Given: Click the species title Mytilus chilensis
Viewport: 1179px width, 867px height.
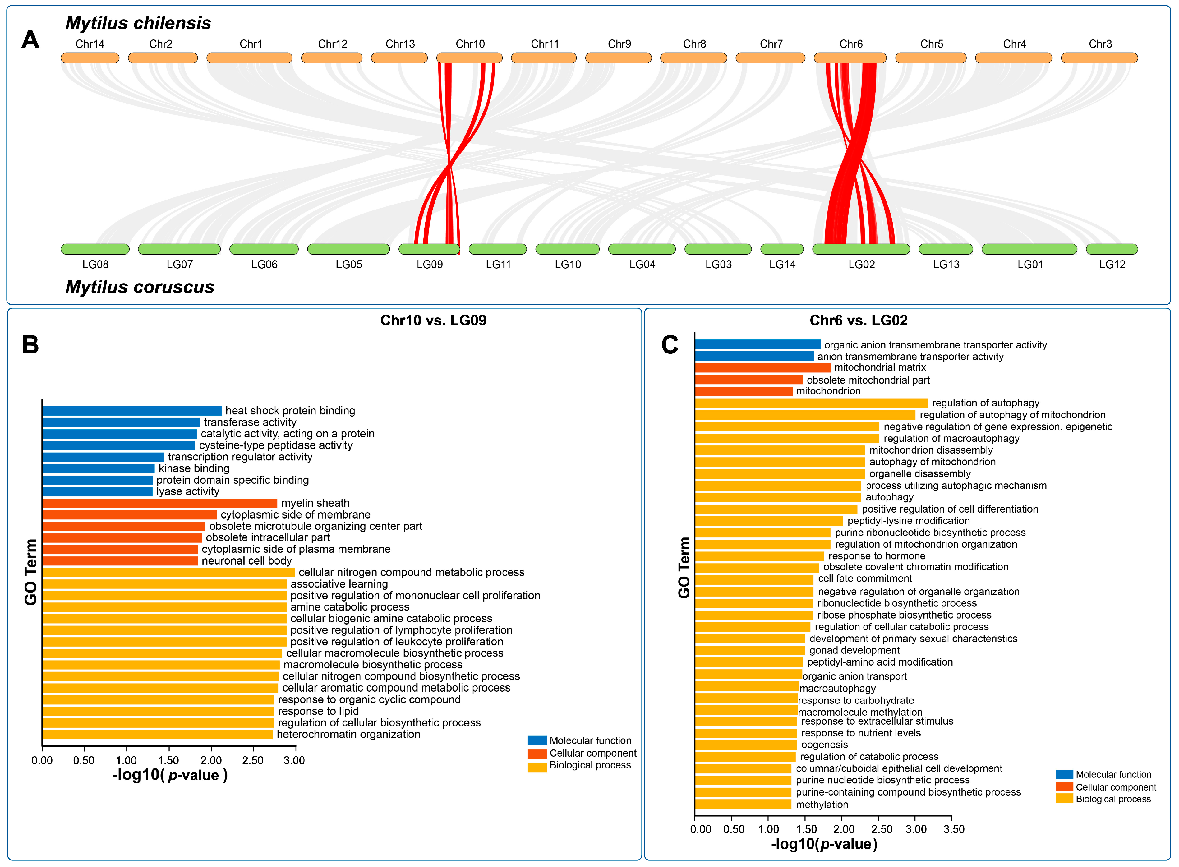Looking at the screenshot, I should [x=138, y=23].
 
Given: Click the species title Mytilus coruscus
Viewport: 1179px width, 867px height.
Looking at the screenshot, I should [x=140, y=287].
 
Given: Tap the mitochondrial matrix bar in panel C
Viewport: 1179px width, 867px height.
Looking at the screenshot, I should [x=762, y=368].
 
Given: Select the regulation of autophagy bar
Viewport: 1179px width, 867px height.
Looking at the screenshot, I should [x=811, y=403].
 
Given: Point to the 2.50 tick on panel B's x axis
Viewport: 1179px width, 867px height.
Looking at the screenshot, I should [x=253, y=760].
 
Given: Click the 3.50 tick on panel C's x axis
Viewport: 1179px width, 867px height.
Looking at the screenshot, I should [x=953, y=829].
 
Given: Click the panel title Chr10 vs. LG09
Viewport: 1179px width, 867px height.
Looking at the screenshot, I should [x=433, y=321].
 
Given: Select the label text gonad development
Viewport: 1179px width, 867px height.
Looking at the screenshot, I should [x=854, y=650].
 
